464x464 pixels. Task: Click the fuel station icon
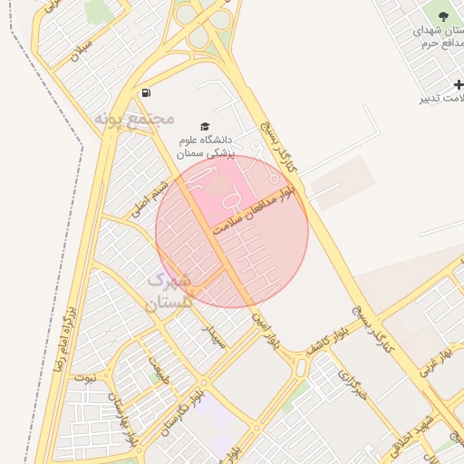146,92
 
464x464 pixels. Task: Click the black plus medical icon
459,84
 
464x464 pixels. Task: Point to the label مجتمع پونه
133,118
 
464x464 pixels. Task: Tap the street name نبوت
84,376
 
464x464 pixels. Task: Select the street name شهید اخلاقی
426,426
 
